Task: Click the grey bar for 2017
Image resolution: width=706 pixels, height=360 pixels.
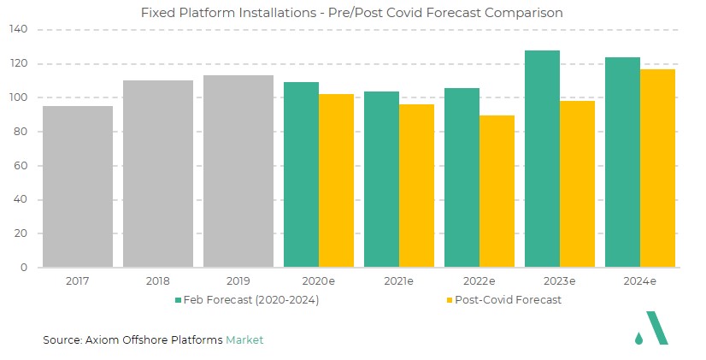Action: pyautogui.click(x=78, y=186)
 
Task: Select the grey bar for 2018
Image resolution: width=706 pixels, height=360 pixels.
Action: pyautogui.click(x=158, y=174)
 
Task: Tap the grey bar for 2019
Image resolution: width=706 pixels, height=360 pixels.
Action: pyautogui.click(x=238, y=171)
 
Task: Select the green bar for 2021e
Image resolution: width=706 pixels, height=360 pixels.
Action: pyautogui.click(x=381, y=179)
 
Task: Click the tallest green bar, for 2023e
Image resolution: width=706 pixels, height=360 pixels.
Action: pyautogui.click(x=542, y=159)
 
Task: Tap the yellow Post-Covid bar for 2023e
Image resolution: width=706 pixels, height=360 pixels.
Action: pyautogui.click(x=577, y=184)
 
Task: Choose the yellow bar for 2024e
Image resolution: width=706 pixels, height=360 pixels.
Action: pyautogui.click(x=657, y=168)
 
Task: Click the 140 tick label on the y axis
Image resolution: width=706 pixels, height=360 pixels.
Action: pyautogui.click(x=19, y=30)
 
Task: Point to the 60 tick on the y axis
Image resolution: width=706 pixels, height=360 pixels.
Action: pyautogui.click(x=22, y=166)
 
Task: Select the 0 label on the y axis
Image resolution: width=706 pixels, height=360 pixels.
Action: pyautogui.click(x=26, y=268)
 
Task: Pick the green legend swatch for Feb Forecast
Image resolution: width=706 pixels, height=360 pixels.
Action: pyautogui.click(x=178, y=300)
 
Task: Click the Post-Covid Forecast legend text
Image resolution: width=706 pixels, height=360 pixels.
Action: pyautogui.click(x=508, y=300)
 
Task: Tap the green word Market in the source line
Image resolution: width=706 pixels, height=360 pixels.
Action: pyautogui.click(x=244, y=340)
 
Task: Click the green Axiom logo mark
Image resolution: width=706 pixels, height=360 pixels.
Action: pyautogui.click(x=656, y=328)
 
